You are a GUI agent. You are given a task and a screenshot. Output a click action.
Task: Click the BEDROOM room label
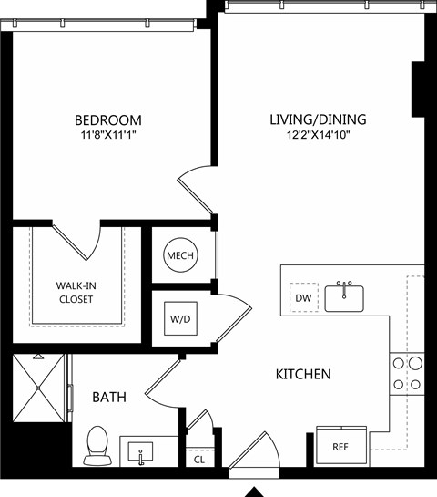pos(108,120)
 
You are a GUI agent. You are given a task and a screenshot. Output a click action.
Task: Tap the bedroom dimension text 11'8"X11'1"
pos(108,135)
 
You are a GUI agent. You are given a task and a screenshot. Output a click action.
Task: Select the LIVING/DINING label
pos(318,119)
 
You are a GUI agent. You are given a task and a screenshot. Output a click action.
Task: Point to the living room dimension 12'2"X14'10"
pos(318,135)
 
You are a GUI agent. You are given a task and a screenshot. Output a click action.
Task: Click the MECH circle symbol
pos(180,254)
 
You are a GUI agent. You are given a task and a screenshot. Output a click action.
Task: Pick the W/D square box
pos(180,318)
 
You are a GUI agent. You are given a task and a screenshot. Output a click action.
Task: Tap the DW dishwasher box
pos(304,297)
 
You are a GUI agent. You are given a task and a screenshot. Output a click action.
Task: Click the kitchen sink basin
pos(344,298)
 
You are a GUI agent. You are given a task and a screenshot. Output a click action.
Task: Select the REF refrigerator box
pos(341,446)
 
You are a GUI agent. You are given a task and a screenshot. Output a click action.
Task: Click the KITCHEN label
pos(303,374)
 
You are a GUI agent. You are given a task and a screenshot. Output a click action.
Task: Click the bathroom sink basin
pos(140,452)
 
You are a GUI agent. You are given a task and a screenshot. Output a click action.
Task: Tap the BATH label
pos(109,397)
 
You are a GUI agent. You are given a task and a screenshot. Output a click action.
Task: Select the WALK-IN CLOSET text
pos(76,292)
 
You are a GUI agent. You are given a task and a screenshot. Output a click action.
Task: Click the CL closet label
pos(199,460)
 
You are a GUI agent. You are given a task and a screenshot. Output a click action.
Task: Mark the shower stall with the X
pos(38,388)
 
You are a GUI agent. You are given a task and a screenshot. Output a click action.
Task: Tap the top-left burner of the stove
pos(399,363)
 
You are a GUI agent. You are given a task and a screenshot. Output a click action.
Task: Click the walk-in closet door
pos(70,243)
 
